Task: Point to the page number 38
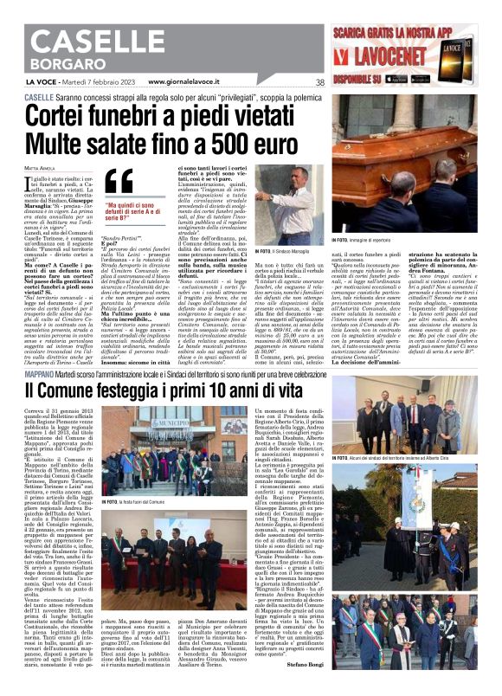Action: pos(319,83)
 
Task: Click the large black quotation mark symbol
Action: pos(123,181)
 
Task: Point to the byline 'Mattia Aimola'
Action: pos(38,166)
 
